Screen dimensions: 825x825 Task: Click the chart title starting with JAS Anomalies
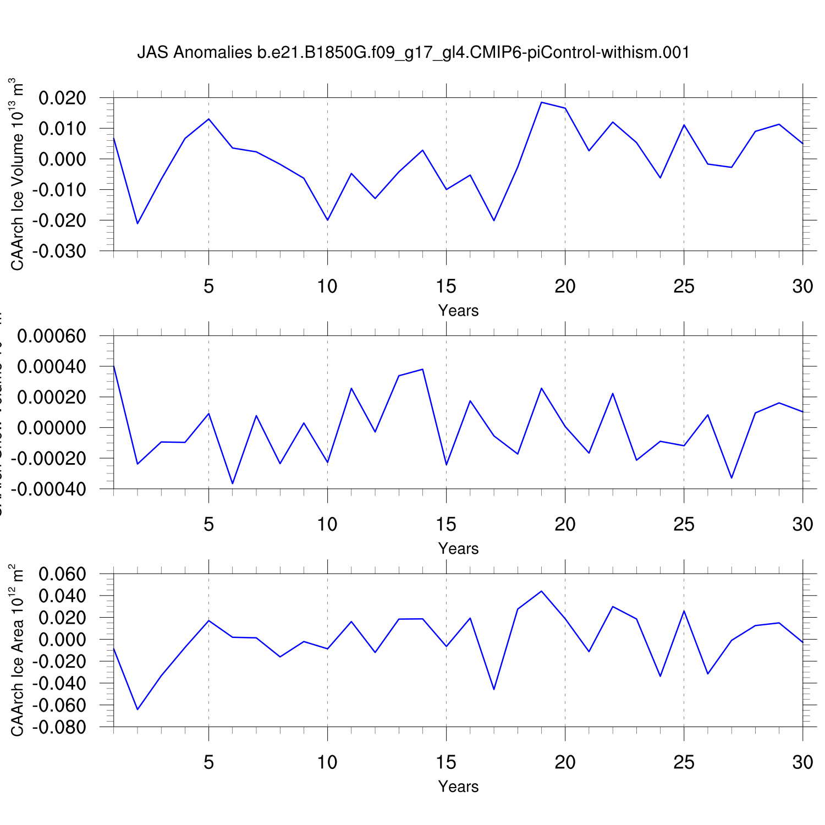(x=413, y=53)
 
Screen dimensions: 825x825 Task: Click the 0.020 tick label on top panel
(x=62, y=98)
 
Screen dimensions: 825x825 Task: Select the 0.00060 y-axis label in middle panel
(x=52, y=336)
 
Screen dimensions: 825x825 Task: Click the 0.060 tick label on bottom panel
(x=62, y=575)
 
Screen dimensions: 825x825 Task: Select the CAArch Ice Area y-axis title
(x=17, y=650)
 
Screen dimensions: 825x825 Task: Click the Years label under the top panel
(x=458, y=311)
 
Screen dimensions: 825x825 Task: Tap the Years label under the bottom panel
(x=458, y=787)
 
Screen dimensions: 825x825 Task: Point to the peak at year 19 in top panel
(x=541, y=102)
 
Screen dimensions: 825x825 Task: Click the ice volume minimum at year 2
(x=137, y=223)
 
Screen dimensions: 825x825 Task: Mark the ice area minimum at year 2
(x=137, y=710)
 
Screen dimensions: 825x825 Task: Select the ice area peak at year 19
(x=541, y=591)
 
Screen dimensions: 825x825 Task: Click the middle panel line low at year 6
(x=233, y=483)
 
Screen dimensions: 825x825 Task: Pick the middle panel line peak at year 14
(x=422, y=369)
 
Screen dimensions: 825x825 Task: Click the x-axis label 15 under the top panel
(x=446, y=287)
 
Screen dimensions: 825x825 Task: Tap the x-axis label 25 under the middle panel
(x=684, y=525)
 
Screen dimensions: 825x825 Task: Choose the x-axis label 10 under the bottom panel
(x=327, y=762)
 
